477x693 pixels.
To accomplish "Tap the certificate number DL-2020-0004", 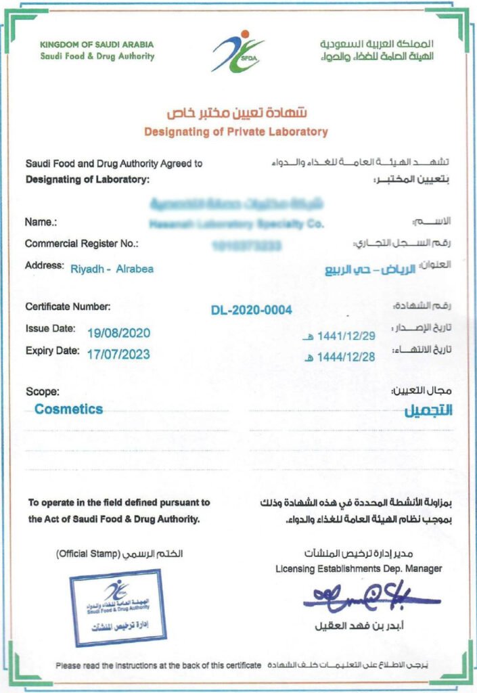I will pos(252,310).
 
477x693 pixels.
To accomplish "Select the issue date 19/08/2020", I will pos(119,332).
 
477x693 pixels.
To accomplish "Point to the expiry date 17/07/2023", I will pos(118,354).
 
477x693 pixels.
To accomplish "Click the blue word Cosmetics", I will pos(69,409).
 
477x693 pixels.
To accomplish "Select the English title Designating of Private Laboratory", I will pos(235,131).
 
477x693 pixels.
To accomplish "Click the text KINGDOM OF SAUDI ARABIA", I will pos(97,45).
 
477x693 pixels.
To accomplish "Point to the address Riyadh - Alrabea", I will pos(112,269).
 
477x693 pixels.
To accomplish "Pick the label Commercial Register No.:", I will pos(81,243).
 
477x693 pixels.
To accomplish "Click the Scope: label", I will pos(42,391).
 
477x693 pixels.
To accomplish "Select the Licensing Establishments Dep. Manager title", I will pos(359,568).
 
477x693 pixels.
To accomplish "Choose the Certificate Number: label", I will pos(68,307).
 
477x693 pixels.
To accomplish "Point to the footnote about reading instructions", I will pos(158,665).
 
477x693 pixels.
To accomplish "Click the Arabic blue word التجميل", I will pos(428,411).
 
